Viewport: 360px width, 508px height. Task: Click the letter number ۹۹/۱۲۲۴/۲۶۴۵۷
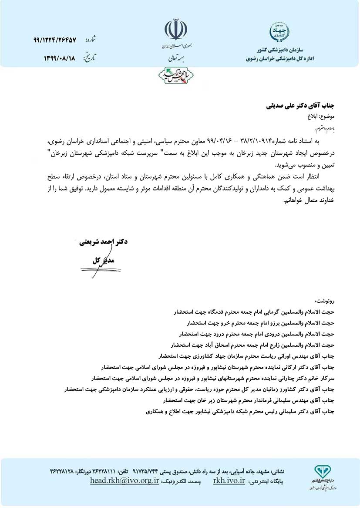[x=54, y=40]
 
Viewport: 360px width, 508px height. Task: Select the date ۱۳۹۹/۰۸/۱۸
[x=60, y=58]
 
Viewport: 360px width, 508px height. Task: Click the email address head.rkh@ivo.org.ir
[x=124, y=481]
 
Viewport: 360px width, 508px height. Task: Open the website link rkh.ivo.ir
[x=229, y=481]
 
